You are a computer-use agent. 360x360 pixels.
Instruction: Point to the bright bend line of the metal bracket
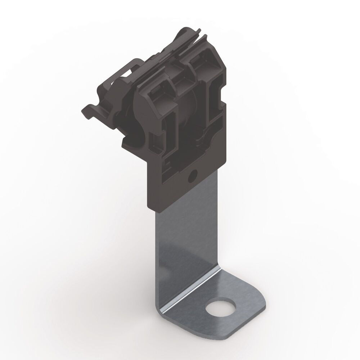coord(187,290)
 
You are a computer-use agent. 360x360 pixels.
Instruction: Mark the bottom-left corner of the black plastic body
coord(149,207)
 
